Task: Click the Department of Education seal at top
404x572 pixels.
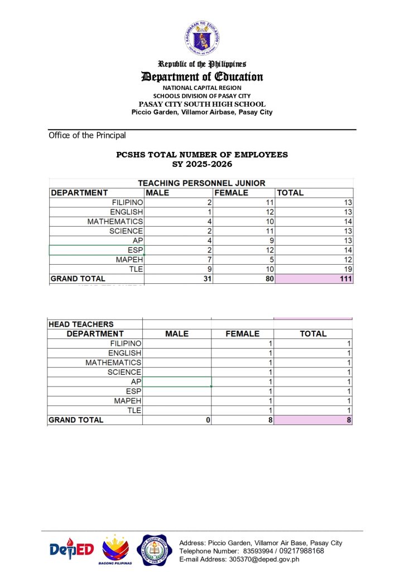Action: [202, 39]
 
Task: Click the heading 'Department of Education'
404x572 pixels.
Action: [202, 77]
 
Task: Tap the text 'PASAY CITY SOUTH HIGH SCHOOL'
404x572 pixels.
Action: [202, 104]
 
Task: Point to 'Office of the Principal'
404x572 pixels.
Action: [87, 135]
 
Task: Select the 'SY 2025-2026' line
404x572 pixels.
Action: [202, 164]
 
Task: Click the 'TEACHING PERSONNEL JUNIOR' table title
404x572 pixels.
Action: [201, 183]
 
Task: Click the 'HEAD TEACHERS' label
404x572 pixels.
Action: [81, 324]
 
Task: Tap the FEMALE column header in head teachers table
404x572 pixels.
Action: [242, 334]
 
